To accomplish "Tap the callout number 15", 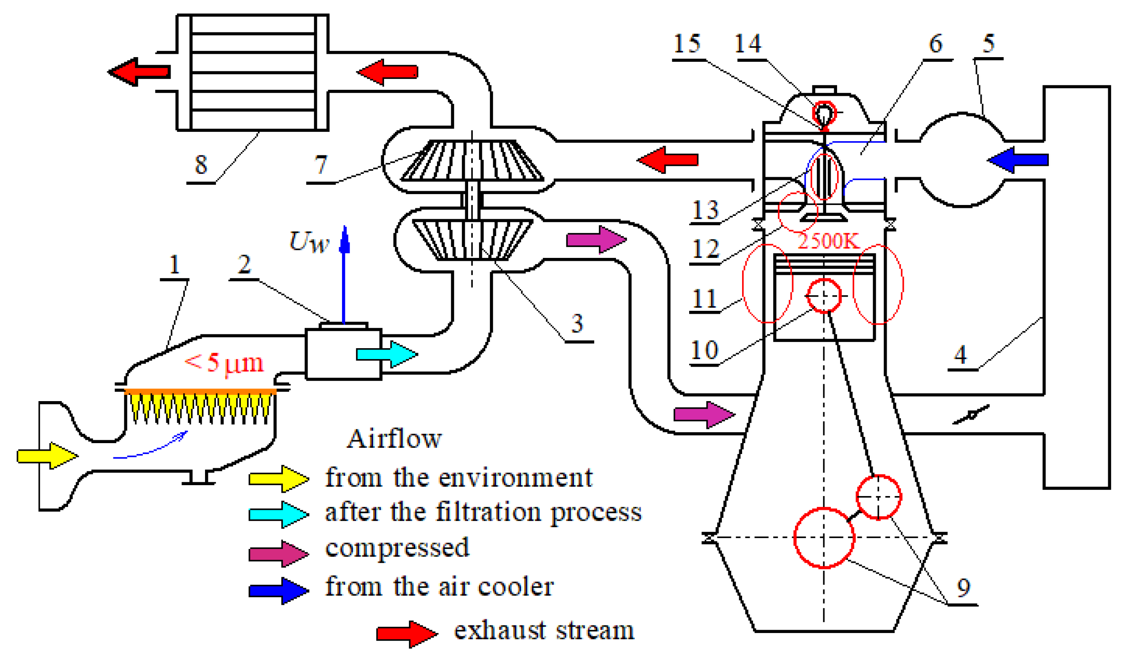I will coord(687,44).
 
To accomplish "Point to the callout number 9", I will coord(964,588).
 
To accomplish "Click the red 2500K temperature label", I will coord(828,242).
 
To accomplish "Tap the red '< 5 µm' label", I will coord(224,363).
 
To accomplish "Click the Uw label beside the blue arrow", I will coord(308,242).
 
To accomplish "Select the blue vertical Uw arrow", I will coord(344,274).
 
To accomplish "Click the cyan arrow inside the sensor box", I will coord(386,354).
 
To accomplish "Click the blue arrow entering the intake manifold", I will coord(1018,160).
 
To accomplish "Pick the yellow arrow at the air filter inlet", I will coord(47,456).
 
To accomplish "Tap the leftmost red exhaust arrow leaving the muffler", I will coord(139,71).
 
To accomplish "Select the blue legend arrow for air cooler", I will coord(279,591).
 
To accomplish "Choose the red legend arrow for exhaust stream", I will coord(406,634).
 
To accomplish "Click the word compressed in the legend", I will coord(397,548).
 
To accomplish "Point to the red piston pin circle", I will coord(824,296).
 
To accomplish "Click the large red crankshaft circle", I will coord(824,538).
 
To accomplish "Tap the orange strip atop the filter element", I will coord(200,391).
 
